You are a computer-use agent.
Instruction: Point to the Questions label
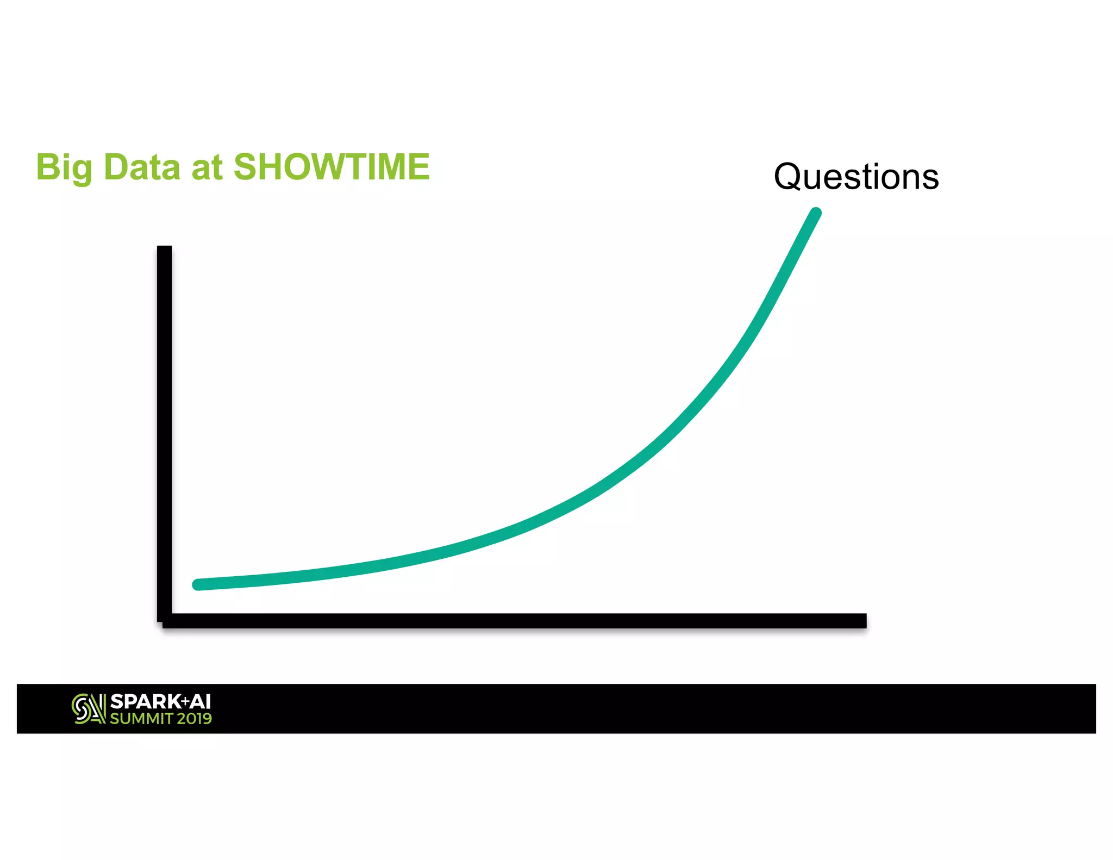pos(856,177)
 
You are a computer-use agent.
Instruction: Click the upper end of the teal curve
pos(816,213)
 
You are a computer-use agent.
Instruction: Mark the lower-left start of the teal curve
pos(198,584)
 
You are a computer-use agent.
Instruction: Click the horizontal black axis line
pos(516,620)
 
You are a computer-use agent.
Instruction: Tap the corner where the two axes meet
pos(165,620)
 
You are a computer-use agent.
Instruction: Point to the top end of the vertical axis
pos(164,249)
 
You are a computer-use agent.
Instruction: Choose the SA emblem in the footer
pos(89,709)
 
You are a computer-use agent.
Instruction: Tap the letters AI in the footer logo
pos(200,702)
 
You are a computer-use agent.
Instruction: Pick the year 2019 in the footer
pos(194,719)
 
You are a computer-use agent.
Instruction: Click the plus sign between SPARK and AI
pos(185,701)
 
